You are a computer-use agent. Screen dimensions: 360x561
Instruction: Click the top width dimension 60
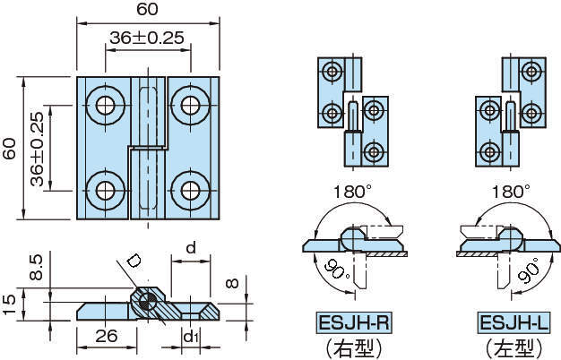click(148, 12)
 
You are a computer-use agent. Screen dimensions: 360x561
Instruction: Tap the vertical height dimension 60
click(10, 148)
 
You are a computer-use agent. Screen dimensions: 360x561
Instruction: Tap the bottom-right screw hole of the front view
click(190, 190)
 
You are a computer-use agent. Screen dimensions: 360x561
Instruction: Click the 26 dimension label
click(106, 337)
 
